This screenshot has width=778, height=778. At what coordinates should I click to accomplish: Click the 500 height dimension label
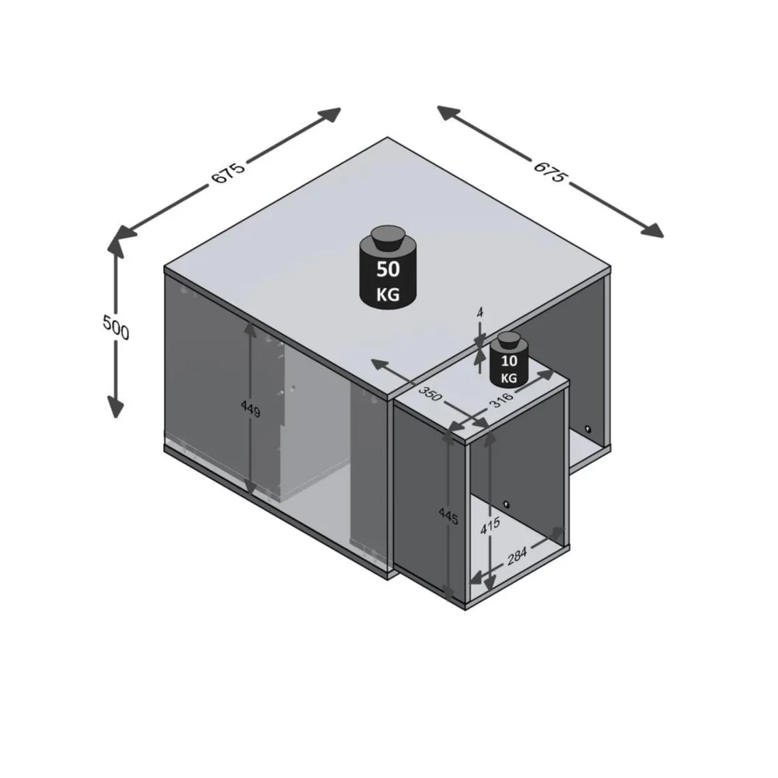pos(116,328)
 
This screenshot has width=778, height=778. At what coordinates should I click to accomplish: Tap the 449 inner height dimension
pos(250,411)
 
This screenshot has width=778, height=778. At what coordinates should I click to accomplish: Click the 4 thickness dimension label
pos(480,312)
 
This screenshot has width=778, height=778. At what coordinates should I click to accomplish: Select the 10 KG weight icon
pos(509,361)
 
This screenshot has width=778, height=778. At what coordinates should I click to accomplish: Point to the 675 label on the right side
pos(550,172)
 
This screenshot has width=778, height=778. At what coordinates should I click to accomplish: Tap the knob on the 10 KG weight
pos(509,340)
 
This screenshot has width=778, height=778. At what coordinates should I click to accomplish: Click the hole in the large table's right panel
pos(588,430)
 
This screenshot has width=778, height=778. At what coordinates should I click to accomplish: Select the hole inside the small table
pos(506,504)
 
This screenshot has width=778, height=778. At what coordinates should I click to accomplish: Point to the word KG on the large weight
pos(388,296)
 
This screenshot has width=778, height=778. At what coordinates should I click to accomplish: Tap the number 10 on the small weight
pos(509,361)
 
